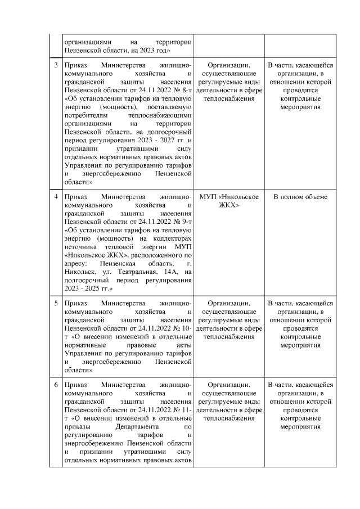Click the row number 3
tap(56, 65)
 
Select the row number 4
tap(56, 197)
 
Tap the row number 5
tap(56, 303)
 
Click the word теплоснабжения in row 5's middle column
tap(228, 337)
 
